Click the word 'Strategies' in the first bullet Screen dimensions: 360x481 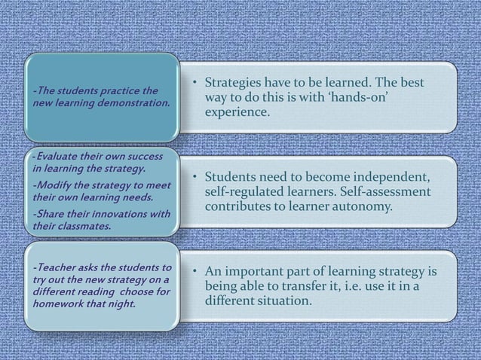point(237,82)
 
